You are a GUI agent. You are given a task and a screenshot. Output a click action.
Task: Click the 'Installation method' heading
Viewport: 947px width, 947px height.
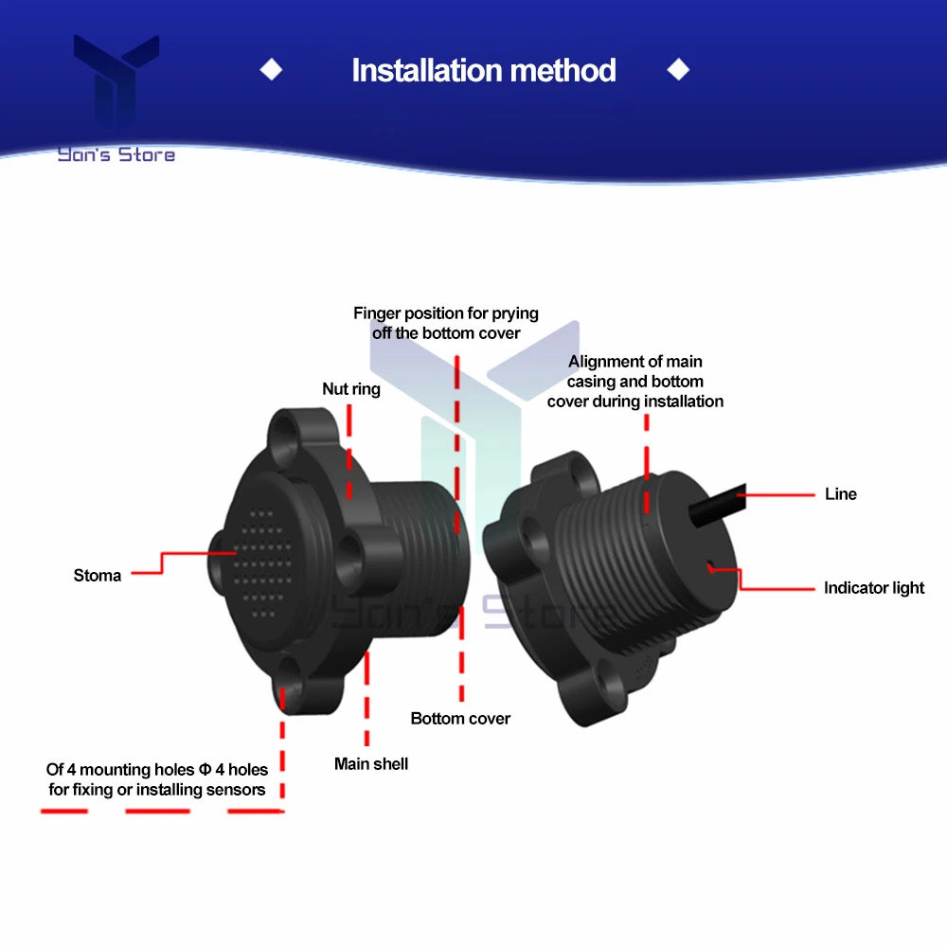tap(484, 70)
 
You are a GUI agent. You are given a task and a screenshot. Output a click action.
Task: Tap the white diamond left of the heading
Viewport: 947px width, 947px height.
tap(271, 69)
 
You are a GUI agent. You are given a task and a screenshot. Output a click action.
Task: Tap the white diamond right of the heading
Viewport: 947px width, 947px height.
tap(678, 69)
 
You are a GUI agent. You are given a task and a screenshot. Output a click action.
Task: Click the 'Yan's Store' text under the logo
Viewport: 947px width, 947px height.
tap(116, 154)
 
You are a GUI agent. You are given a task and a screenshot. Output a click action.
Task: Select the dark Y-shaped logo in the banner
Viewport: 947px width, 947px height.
tap(116, 80)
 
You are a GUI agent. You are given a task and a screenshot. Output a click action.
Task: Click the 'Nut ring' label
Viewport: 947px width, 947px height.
tap(351, 389)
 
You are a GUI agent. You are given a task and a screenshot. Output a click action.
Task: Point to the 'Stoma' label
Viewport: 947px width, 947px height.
tap(98, 576)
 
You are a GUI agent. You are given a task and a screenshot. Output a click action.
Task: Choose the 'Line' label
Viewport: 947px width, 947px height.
tap(841, 494)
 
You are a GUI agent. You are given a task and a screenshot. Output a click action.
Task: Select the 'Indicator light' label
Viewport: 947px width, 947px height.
tap(874, 588)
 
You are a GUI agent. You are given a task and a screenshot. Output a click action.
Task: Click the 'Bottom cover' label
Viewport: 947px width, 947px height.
tap(460, 718)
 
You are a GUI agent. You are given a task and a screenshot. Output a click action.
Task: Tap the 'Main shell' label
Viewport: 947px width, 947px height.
tap(371, 764)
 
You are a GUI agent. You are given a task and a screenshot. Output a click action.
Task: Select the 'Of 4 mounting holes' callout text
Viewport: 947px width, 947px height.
tap(156, 779)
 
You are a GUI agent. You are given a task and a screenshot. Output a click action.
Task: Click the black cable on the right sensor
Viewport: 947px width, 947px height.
tap(718, 506)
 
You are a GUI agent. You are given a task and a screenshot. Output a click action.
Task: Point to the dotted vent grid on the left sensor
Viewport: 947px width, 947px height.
tap(261, 563)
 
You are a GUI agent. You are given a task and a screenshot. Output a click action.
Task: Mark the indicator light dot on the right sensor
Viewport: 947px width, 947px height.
tap(710, 567)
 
